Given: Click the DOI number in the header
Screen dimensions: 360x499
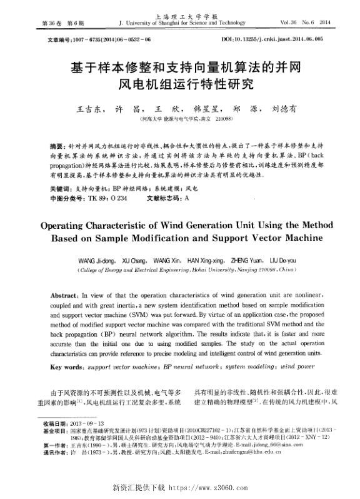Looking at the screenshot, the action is coord(281,39).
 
